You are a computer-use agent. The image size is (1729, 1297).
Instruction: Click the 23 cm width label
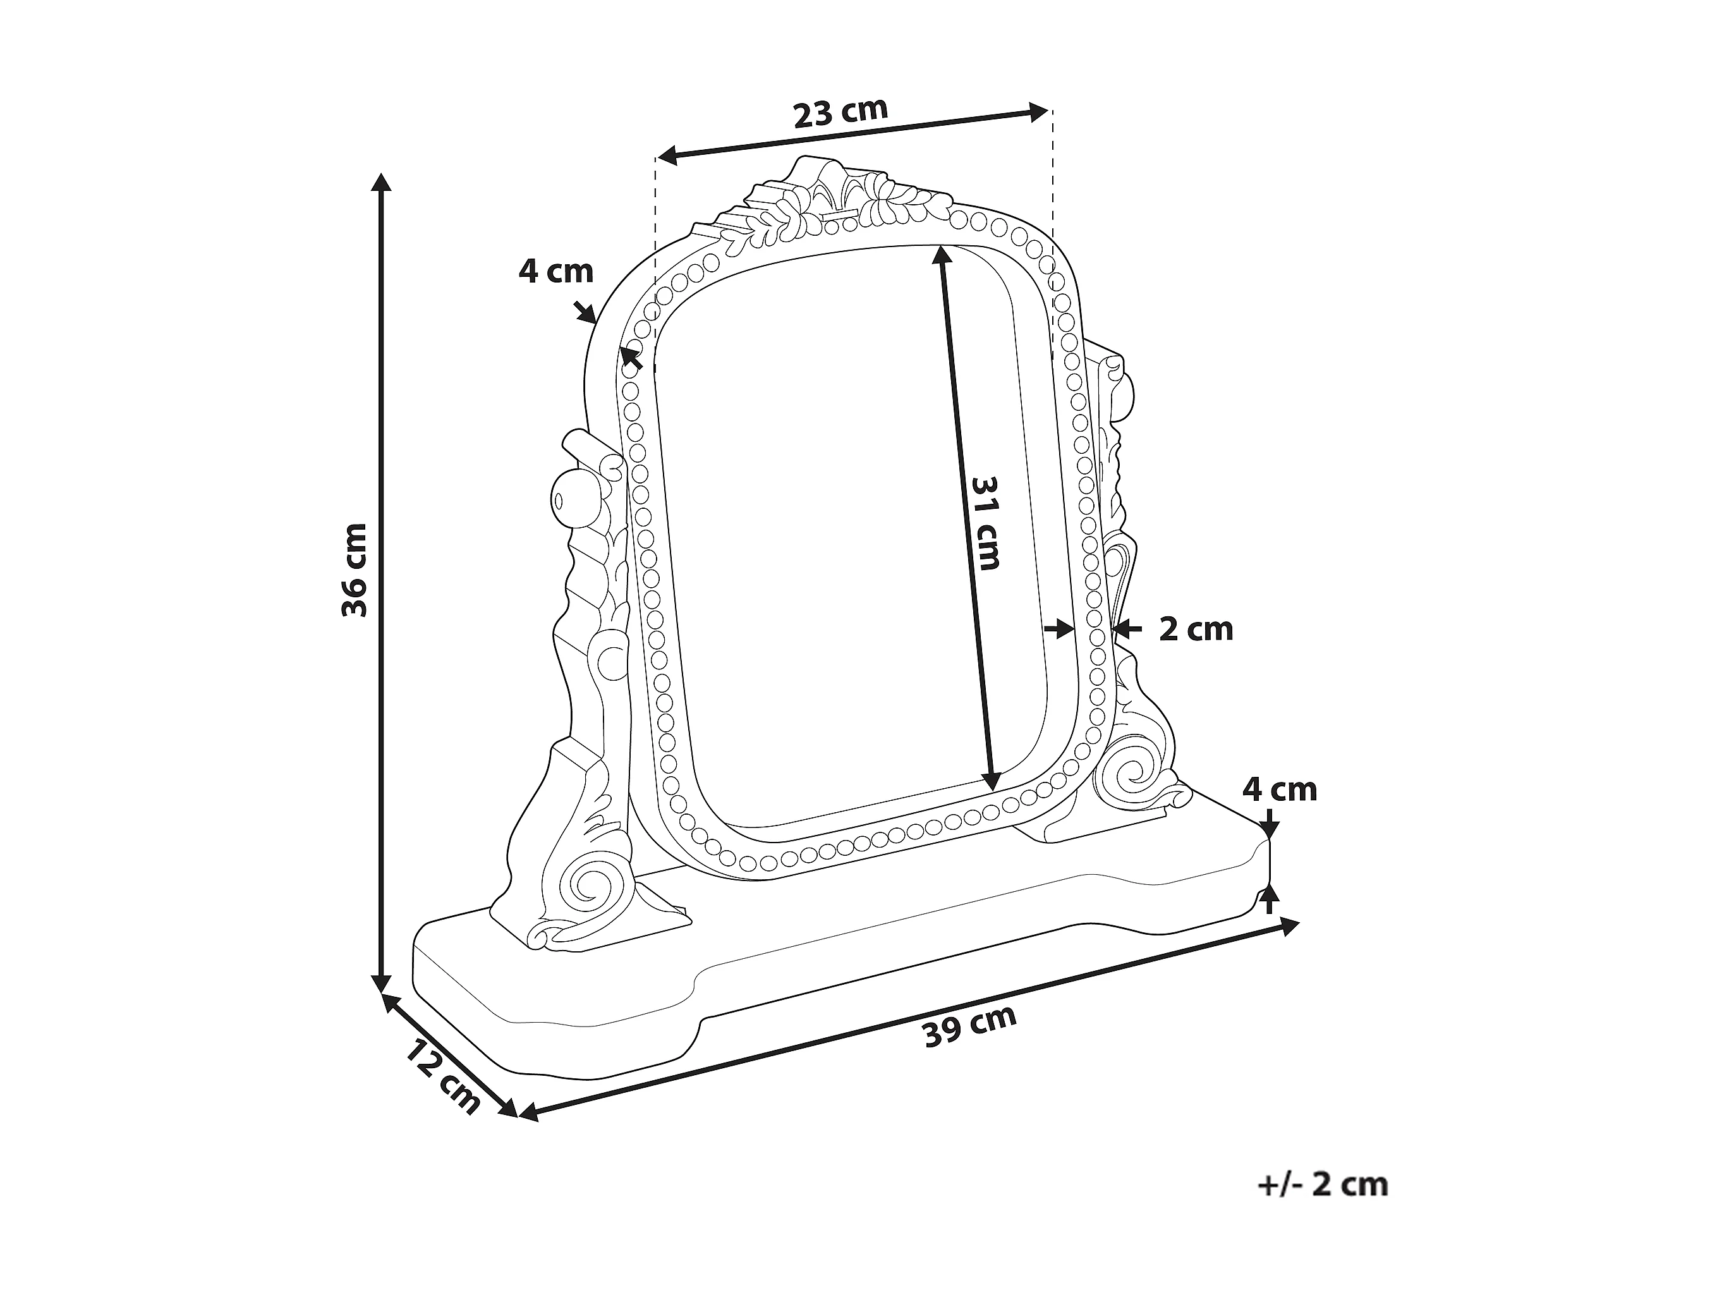coord(841,113)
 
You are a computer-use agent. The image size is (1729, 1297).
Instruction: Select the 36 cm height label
coord(355,570)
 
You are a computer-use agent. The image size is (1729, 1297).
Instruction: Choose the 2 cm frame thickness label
coord(1195,630)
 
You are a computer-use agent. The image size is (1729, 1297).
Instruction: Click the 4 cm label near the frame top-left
coord(555,271)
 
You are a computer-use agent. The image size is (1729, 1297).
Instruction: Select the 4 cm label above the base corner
coord(1280,789)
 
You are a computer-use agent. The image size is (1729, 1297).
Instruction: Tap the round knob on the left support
coord(571,497)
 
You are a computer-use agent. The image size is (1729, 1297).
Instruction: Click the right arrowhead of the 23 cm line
coord(1039,113)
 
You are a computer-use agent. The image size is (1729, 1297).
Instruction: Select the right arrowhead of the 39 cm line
coord(1290,925)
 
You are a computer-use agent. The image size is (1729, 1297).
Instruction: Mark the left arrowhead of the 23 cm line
coord(667,156)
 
